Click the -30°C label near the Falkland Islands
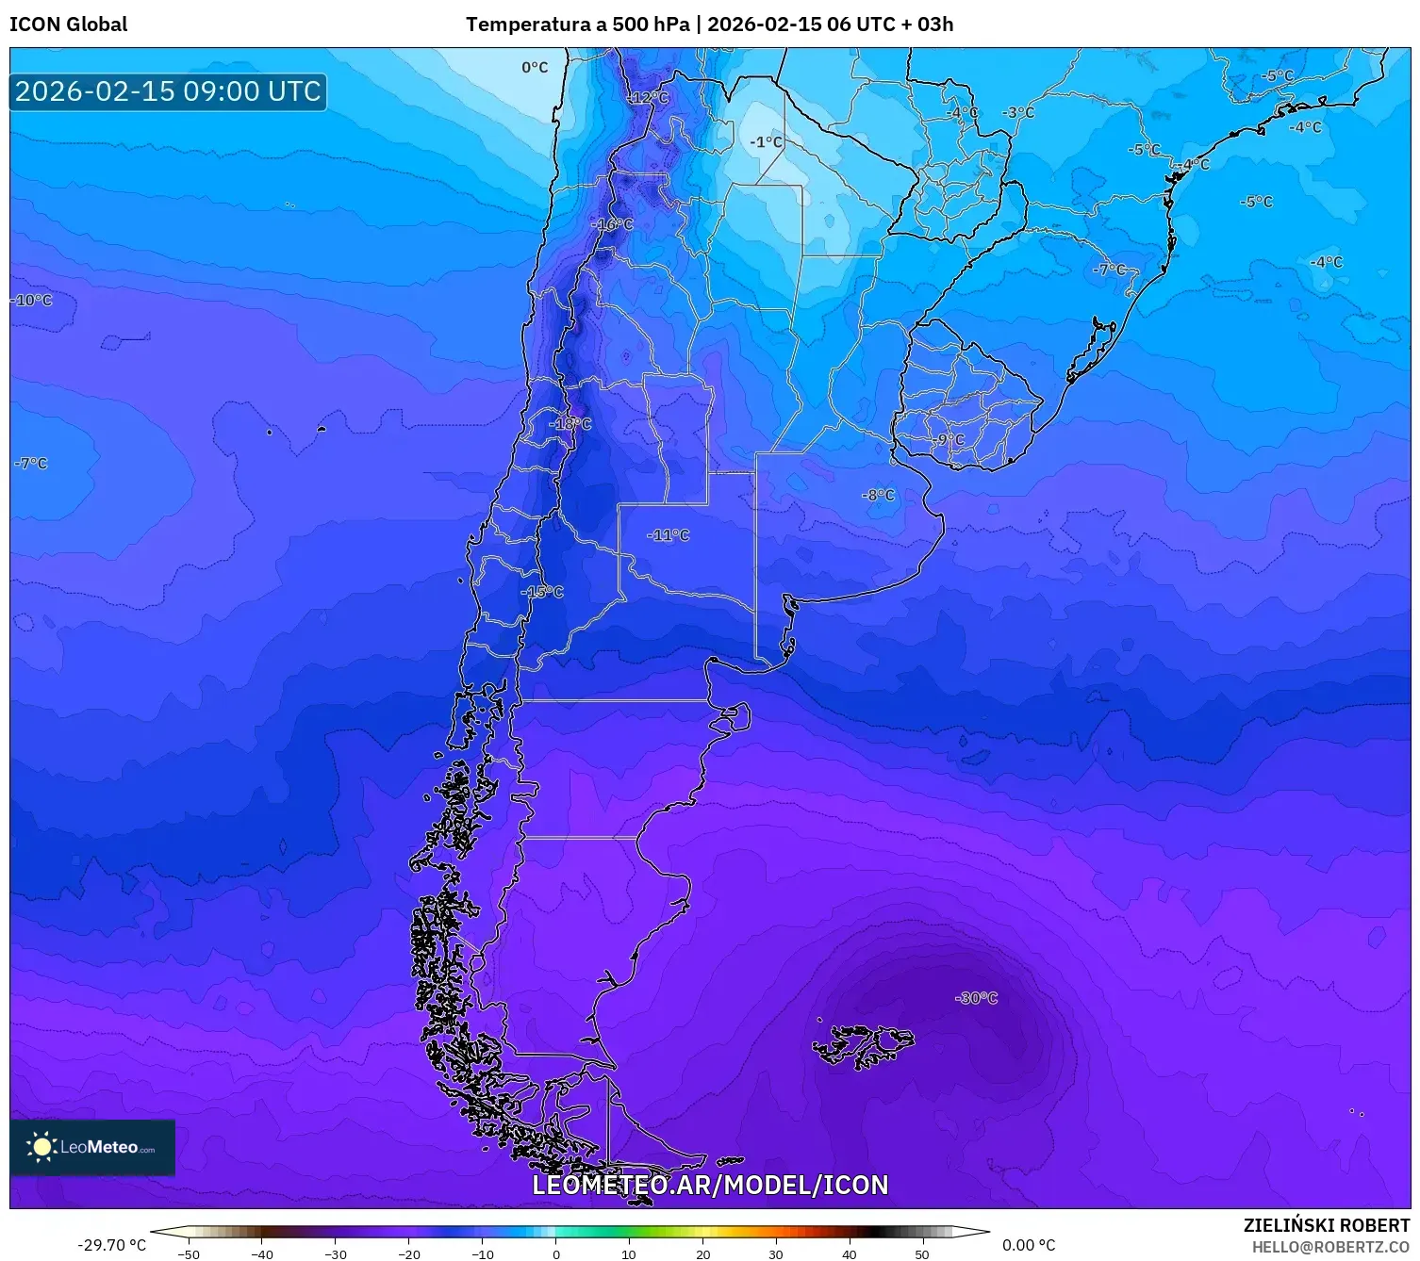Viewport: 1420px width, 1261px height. (x=976, y=998)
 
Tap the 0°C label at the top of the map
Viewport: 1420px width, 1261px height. (x=535, y=67)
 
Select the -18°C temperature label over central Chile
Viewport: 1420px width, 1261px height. (x=570, y=424)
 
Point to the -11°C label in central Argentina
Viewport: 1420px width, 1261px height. (x=669, y=535)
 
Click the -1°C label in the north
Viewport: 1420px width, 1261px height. (x=766, y=142)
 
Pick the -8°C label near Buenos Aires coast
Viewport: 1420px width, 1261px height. (x=878, y=495)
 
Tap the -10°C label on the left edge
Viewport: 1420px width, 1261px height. (x=32, y=300)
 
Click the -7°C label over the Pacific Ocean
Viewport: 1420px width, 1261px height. (x=31, y=463)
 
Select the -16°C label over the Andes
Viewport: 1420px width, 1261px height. (x=612, y=224)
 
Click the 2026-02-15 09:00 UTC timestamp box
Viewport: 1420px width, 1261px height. (x=168, y=91)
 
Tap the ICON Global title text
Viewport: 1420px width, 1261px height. (x=68, y=25)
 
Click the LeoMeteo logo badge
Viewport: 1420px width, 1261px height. (x=92, y=1147)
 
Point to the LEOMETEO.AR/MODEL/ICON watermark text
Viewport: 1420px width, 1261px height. (x=710, y=1185)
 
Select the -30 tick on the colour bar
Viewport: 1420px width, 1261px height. (x=336, y=1254)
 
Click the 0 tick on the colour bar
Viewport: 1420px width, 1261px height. (x=556, y=1254)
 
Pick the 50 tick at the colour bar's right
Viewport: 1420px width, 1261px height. (x=921, y=1254)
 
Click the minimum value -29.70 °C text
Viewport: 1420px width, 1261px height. (x=111, y=1245)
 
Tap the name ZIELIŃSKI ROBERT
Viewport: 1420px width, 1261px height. (x=1326, y=1225)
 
